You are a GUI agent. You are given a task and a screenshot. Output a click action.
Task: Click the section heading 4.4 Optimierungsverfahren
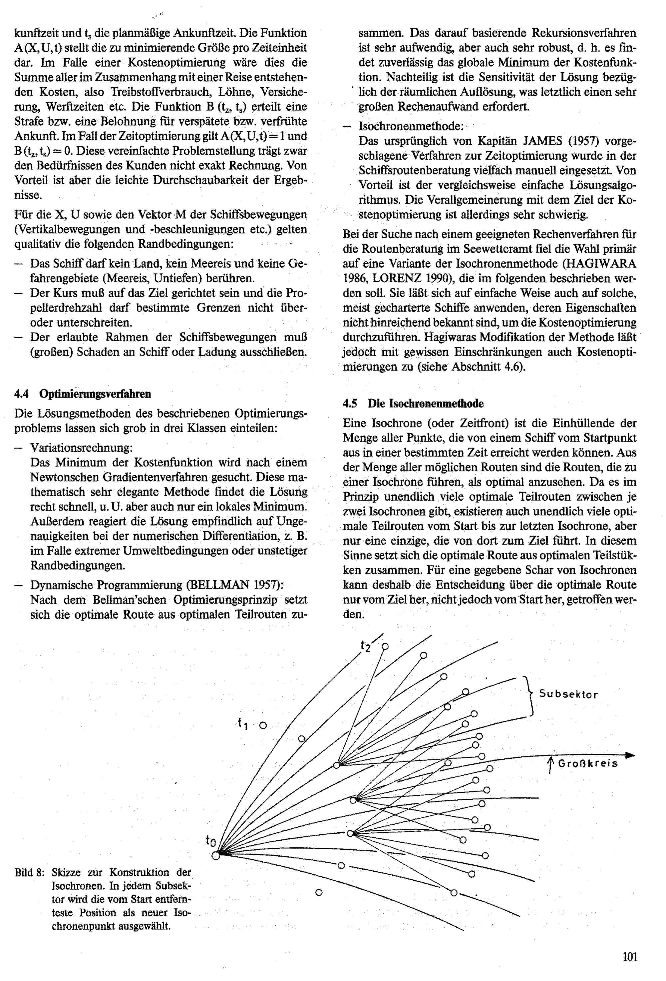click(83, 394)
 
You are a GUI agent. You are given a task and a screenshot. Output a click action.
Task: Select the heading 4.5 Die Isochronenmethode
click(413, 404)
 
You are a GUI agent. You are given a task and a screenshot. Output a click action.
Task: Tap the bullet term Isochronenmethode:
click(411, 126)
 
